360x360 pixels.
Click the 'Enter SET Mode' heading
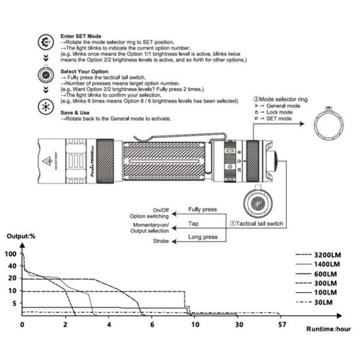click(80, 36)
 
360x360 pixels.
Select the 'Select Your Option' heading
click(84, 71)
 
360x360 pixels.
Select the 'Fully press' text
click(202, 210)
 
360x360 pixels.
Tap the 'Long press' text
click(203, 237)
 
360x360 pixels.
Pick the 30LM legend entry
click(323, 302)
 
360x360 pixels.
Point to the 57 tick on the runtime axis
click(282, 325)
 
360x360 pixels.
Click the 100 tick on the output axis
click(10, 253)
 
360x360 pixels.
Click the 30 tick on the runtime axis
click(238, 325)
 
